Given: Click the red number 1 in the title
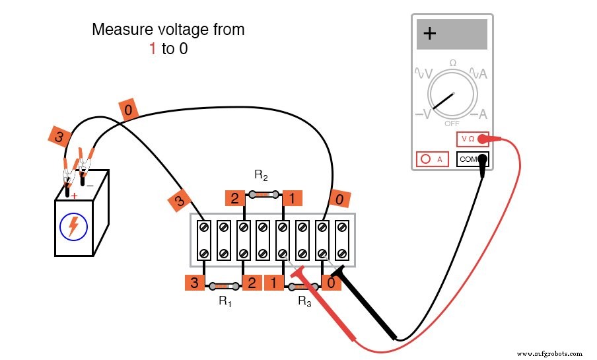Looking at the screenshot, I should pyautogui.click(x=153, y=49).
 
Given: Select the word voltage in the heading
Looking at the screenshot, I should pyautogui.click(x=183, y=30).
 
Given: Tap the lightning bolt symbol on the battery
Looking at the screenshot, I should pyautogui.click(x=73, y=227).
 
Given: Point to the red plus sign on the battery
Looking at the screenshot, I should pyautogui.click(x=74, y=196).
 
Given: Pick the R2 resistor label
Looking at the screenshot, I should pyautogui.click(x=261, y=175).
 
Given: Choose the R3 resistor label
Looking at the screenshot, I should pyautogui.click(x=304, y=301).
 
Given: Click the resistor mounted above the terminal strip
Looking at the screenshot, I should pyautogui.click(x=263, y=195).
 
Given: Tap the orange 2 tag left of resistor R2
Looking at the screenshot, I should pyautogui.click(x=234, y=198).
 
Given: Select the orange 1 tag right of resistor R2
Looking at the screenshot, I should pyautogui.click(x=291, y=198).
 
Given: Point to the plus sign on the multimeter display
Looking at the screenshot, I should pyautogui.click(x=429, y=34).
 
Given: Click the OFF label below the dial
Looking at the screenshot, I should pyautogui.click(x=452, y=124).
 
